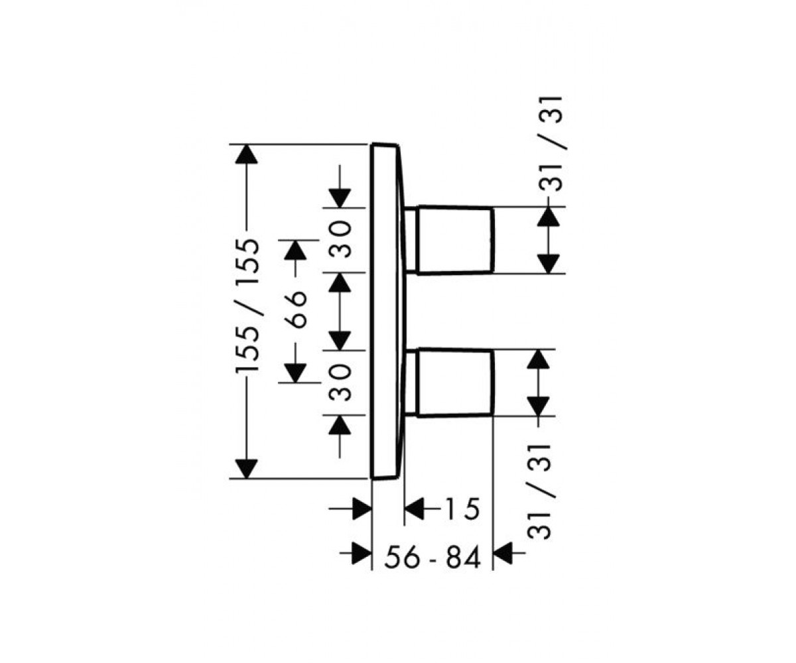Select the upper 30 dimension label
click(340, 239)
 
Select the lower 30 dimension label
click(340, 383)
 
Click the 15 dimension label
click(462, 509)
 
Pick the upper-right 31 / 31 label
click(551, 144)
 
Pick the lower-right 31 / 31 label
click(540, 491)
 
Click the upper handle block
click(455, 240)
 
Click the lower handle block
click(455, 382)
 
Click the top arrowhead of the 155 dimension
click(247, 154)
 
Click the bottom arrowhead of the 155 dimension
click(247, 468)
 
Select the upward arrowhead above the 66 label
click(295, 251)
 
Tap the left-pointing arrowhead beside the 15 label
click(415, 509)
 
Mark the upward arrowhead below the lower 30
click(340, 425)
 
